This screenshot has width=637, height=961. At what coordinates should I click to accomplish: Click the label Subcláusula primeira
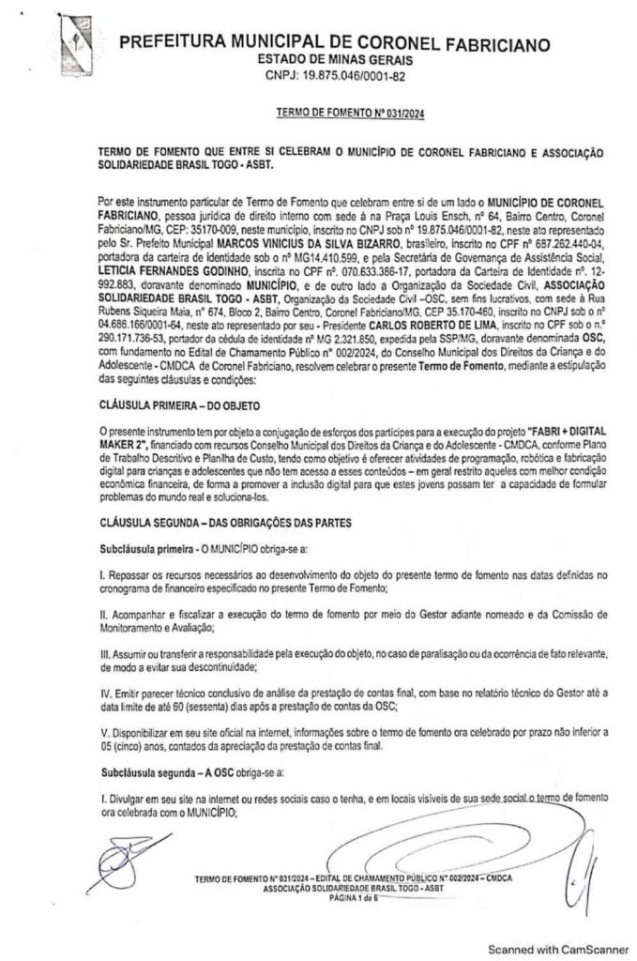144,545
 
